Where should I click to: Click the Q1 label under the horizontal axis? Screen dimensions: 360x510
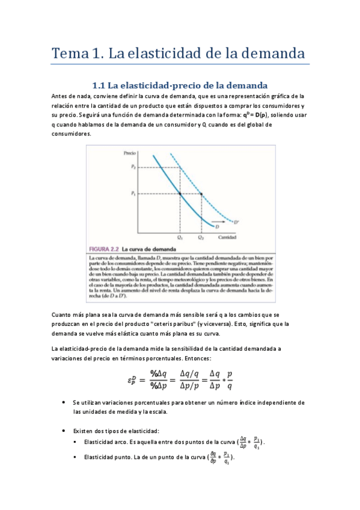pyautogui.click(x=180, y=238)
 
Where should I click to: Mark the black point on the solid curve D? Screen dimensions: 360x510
pyautogui.click(x=180, y=193)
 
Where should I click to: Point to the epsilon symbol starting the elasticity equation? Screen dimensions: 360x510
pyautogui.click(x=132, y=380)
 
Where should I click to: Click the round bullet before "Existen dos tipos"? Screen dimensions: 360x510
pyautogui.click(x=64, y=431)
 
